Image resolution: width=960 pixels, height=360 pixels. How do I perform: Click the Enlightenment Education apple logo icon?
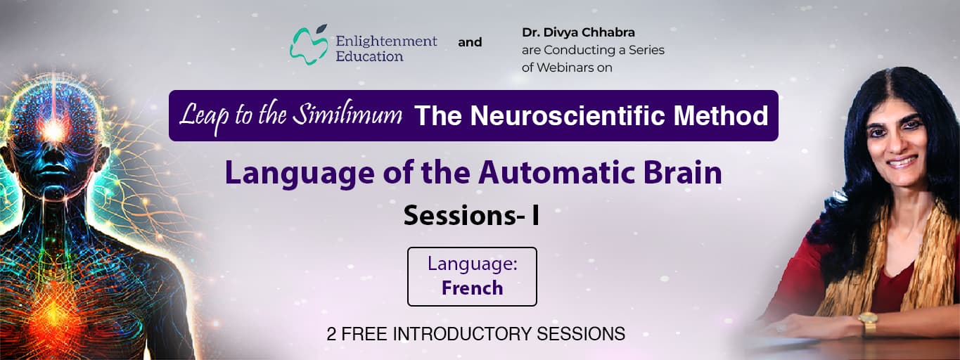[309, 44]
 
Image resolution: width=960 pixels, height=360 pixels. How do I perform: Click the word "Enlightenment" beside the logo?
[386, 41]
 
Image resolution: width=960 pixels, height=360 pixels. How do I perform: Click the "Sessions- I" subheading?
[471, 216]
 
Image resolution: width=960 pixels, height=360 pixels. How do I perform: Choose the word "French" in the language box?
[472, 288]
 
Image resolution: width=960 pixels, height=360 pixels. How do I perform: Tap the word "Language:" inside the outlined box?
[472, 264]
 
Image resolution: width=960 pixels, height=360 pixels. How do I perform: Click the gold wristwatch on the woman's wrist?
[868, 323]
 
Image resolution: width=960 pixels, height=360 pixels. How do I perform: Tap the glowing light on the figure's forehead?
[51, 129]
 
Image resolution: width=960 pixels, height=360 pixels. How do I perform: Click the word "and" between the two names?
[470, 42]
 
